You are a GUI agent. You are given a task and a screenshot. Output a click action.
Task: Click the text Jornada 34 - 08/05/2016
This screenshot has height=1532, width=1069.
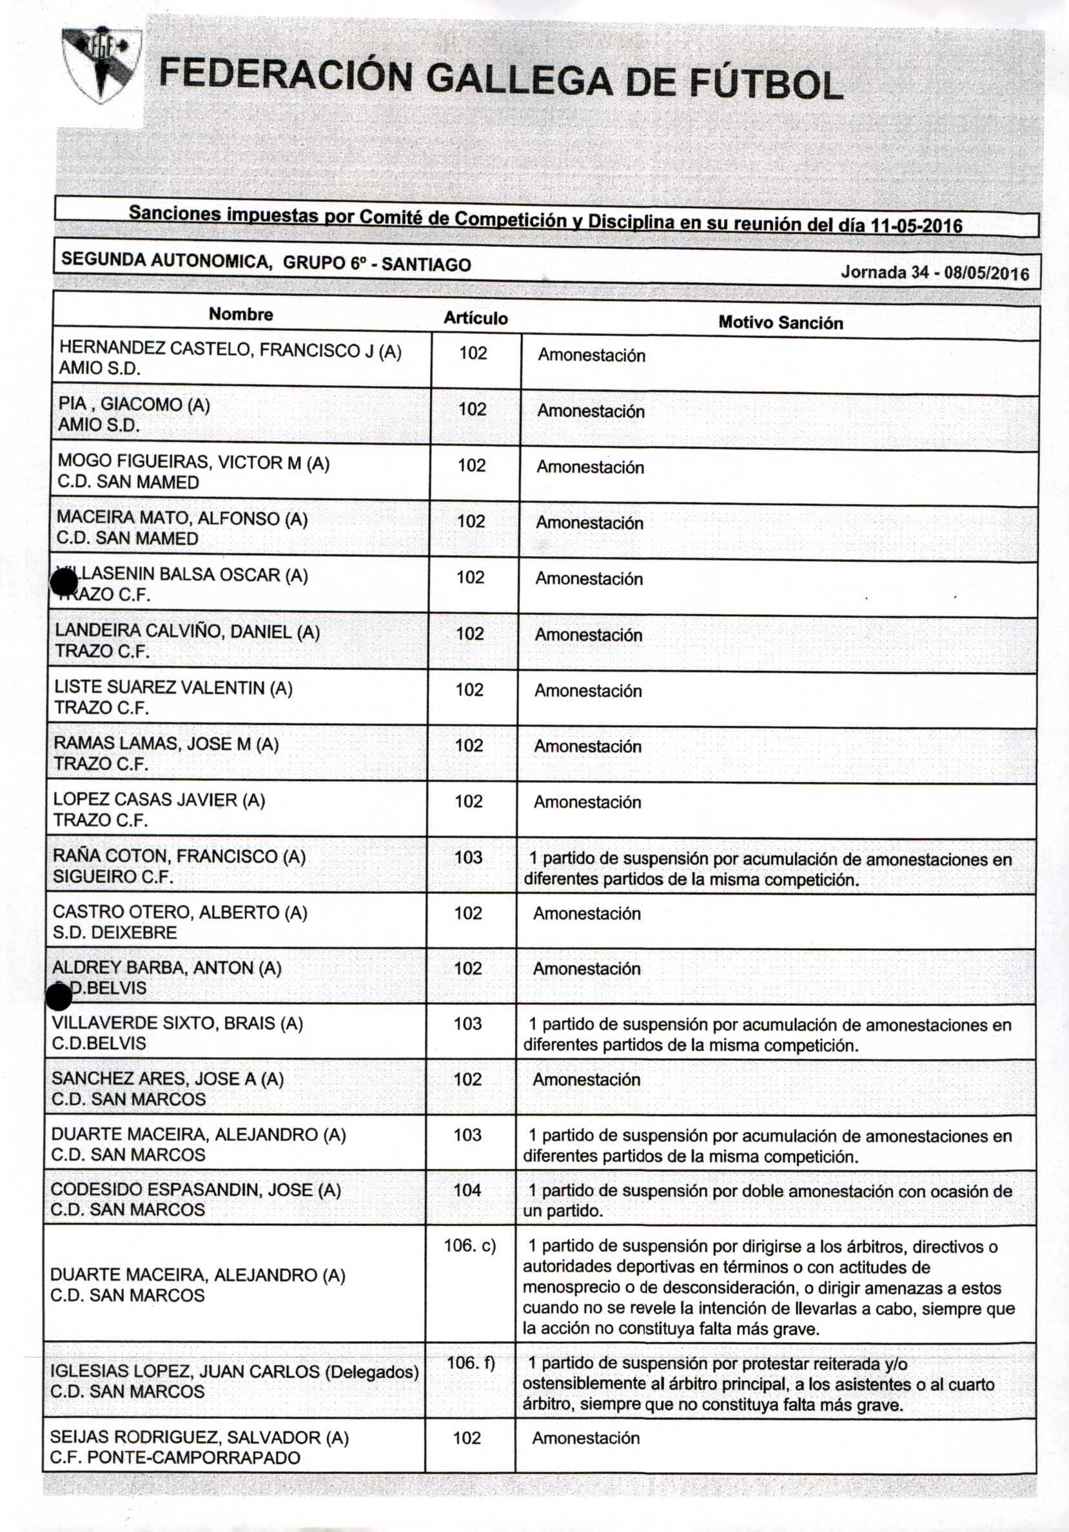[934, 272]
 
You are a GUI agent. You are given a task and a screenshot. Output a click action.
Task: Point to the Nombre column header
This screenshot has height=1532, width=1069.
[241, 315]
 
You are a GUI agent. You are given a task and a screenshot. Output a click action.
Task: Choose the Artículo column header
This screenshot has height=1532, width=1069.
[475, 318]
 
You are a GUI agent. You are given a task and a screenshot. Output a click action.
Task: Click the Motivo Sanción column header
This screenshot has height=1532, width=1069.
[780, 323]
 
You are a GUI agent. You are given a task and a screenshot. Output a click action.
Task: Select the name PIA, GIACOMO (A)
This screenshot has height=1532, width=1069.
[134, 404]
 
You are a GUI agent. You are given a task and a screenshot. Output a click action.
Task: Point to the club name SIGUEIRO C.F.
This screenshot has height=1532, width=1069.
[113, 876]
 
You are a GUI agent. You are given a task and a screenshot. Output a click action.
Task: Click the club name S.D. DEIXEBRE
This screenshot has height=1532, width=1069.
[115, 932]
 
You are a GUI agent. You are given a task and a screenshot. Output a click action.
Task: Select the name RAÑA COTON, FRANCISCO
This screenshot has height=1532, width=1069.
[179, 856]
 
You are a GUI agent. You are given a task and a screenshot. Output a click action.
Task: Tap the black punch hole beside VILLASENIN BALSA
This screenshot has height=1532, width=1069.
[64, 584]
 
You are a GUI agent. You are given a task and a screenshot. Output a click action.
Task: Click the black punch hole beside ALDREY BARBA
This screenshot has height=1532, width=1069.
[59, 998]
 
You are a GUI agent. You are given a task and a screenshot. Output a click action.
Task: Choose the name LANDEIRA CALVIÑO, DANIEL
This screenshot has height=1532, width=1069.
[187, 631]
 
